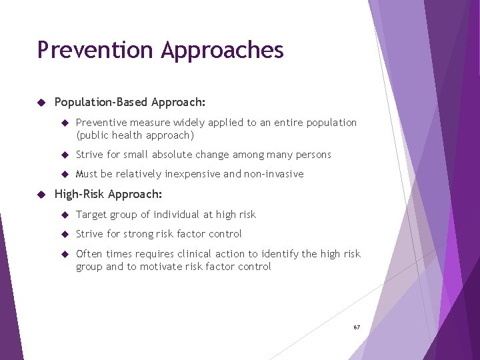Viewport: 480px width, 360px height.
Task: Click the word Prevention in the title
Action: pyautogui.click(x=96, y=50)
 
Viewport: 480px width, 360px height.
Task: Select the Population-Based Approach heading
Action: pyautogui.click(x=130, y=103)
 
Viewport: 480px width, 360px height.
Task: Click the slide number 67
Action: pyautogui.click(x=357, y=327)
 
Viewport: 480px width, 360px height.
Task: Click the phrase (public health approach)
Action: pyautogui.click(x=135, y=135)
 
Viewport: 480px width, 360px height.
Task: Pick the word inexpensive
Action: pyautogui.click(x=192, y=174)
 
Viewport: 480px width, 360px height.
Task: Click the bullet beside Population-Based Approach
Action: pyautogui.click(x=41, y=103)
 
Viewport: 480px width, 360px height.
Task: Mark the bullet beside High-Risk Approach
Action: pyautogui.click(x=41, y=194)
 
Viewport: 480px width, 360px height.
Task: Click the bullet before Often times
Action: pyautogui.click(x=65, y=254)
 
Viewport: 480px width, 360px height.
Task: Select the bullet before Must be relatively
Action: pyautogui.click(x=65, y=174)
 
